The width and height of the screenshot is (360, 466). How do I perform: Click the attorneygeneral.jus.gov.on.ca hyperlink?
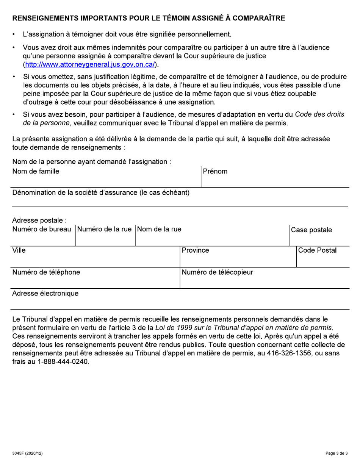[x=90, y=64]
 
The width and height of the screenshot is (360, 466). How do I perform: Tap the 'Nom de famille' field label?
[x=36, y=171]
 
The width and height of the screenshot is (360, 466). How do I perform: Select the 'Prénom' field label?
[x=215, y=171]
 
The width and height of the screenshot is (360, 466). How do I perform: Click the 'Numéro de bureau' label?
[x=42, y=229]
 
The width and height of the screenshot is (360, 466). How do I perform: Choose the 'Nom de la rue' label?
[x=160, y=229]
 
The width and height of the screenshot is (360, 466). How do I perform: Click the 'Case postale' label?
[x=311, y=230]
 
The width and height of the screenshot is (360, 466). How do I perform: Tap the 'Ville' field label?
[x=19, y=250]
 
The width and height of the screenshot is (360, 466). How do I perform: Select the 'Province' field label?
[x=196, y=250]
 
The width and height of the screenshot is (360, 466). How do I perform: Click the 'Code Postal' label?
[x=318, y=250]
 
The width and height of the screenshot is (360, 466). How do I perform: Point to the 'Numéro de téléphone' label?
[x=46, y=272]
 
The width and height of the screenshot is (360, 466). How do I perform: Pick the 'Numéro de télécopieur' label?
[x=218, y=272]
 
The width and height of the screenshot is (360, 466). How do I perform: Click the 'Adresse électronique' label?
[x=45, y=294]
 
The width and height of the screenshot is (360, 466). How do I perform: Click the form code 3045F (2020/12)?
[x=27, y=453]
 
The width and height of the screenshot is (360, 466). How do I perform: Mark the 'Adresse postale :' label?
[x=39, y=220]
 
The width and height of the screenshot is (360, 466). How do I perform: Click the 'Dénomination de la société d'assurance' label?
[x=101, y=192]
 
